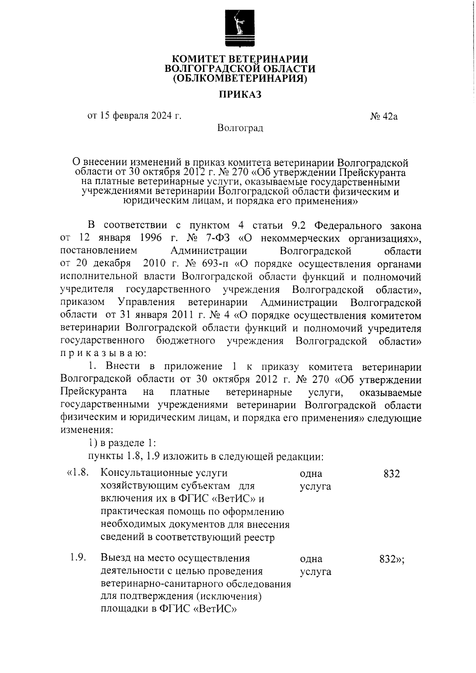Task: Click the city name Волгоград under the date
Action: [x=240, y=128]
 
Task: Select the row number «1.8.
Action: [x=77, y=473]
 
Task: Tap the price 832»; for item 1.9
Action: [x=392, y=559]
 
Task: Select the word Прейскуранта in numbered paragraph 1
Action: [x=94, y=392]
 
